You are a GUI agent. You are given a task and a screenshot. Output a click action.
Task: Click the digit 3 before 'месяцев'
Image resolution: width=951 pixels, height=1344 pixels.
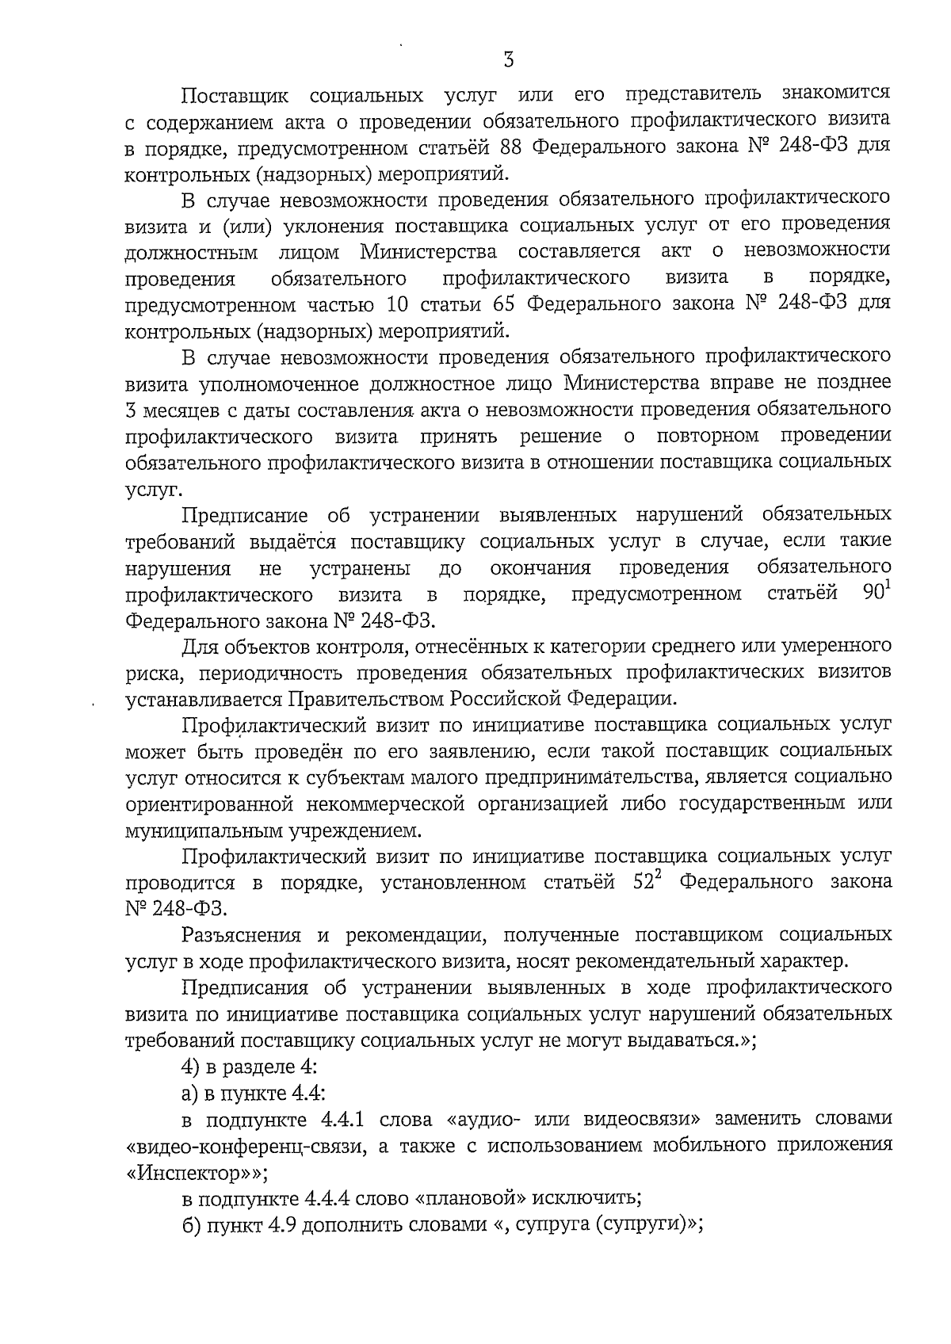coord(132,410)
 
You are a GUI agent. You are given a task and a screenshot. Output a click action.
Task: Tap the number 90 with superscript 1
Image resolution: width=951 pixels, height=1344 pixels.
coord(874,593)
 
